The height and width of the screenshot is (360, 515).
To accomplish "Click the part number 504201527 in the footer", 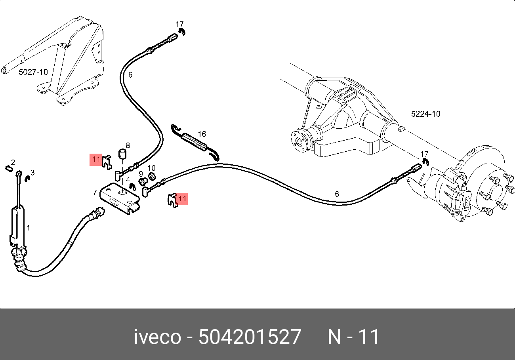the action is (250, 337).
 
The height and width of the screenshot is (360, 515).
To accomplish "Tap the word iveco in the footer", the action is (157, 337).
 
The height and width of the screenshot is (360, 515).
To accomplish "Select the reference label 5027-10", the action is (33, 72).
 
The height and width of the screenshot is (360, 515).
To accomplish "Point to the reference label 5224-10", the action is (425, 114).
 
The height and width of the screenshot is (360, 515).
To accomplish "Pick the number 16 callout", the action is (202, 134).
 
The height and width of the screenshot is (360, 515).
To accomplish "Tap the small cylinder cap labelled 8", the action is (124, 153).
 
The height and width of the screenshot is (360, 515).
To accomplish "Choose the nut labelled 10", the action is (151, 176).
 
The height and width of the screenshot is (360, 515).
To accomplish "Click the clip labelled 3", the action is (28, 179).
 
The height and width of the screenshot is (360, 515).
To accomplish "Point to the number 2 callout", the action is (13, 162).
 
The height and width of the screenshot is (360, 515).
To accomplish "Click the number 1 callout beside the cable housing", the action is (28, 228).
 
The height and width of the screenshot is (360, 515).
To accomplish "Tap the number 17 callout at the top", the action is (180, 25).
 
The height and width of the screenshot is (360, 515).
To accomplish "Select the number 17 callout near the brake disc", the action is (424, 154).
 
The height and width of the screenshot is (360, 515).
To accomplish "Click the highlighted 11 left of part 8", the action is (96, 160).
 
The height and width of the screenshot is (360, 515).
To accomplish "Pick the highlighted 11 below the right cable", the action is (182, 198).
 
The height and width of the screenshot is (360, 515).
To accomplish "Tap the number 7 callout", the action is (95, 192).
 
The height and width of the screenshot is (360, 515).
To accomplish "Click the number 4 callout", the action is (128, 179).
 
